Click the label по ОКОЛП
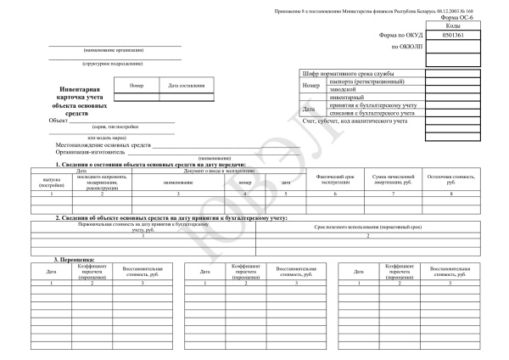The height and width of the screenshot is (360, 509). click(x=406, y=46)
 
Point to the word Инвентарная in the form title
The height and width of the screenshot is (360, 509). click(x=81, y=88)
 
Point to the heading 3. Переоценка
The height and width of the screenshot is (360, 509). click(x=75, y=258)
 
